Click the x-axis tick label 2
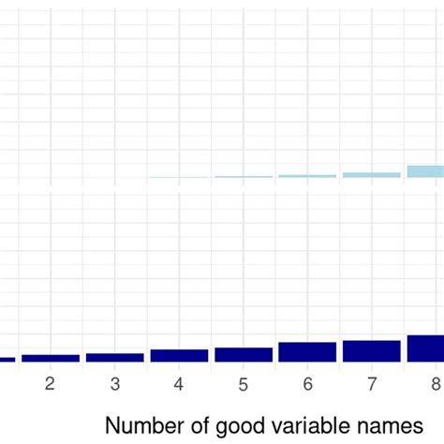51,384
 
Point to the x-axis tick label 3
115,384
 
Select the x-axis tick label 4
179,384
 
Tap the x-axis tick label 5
244,384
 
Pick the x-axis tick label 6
307,384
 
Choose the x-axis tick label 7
372,384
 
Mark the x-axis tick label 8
436,384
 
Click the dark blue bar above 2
51,358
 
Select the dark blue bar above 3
115,357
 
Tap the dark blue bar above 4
179,356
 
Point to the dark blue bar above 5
244,355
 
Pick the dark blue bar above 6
307,352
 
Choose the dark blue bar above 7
372,351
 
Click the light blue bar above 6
307,176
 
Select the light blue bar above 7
372,175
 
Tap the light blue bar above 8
426,171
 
